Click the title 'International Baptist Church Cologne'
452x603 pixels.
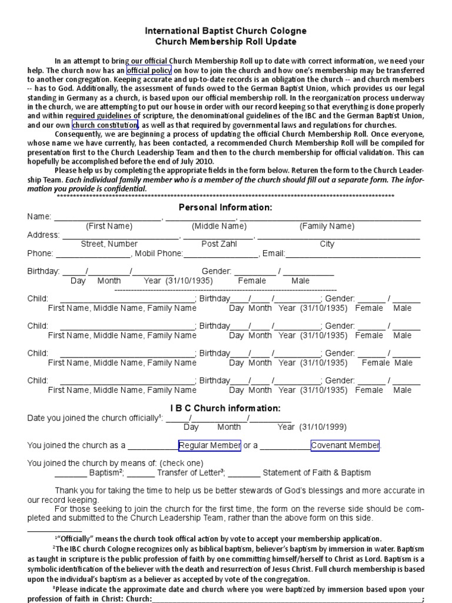pyautogui.click(x=226, y=31)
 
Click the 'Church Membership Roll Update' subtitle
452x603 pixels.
pyautogui.click(x=226, y=42)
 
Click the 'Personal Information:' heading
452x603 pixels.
pyautogui.click(x=225, y=208)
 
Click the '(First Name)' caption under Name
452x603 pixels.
pyautogui.click(x=109, y=226)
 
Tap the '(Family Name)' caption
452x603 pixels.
pyautogui.click(x=327, y=226)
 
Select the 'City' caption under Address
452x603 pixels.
pyautogui.click(x=327, y=244)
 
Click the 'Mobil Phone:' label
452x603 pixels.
pyautogui.click(x=159, y=254)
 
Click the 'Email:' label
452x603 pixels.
pyautogui.click(x=274, y=254)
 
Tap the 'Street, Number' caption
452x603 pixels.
pyautogui.click(x=109, y=244)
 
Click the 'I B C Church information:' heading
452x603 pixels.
pyautogui.click(x=225, y=409)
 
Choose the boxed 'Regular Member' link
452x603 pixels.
pyautogui.click(x=210, y=445)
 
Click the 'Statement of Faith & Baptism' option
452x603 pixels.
pyautogui.click(x=317, y=472)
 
